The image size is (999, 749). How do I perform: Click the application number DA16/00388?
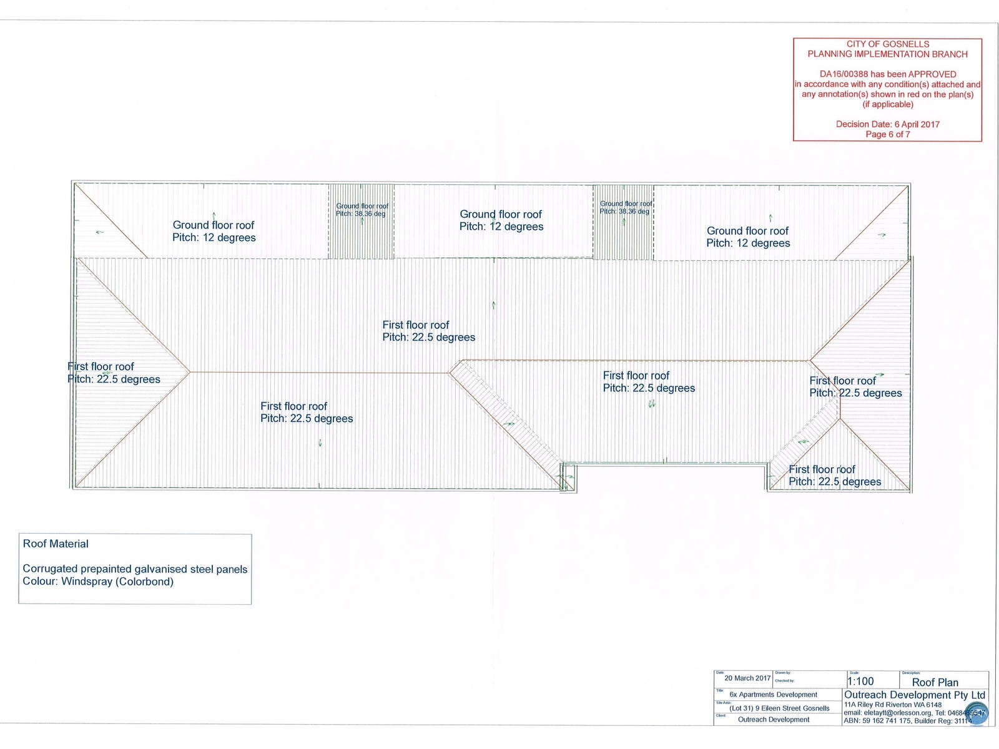click(843, 74)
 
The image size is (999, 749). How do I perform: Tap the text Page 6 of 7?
click(887, 134)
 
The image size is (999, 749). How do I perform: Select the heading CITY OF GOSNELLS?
click(887, 44)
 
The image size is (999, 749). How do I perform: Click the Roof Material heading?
click(56, 544)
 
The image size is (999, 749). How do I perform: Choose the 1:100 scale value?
click(860, 682)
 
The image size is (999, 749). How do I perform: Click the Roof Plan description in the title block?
click(935, 683)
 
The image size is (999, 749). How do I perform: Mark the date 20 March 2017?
click(747, 678)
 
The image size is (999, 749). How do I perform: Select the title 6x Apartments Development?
click(773, 695)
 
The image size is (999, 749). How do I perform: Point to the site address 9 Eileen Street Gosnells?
click(791, 708)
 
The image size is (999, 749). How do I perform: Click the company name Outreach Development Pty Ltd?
click(914, 695)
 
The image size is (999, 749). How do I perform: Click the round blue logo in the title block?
click(977, 715)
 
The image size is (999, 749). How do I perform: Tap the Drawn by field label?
click(783, 673)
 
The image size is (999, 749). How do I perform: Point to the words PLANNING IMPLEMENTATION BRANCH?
click(887, 54)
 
